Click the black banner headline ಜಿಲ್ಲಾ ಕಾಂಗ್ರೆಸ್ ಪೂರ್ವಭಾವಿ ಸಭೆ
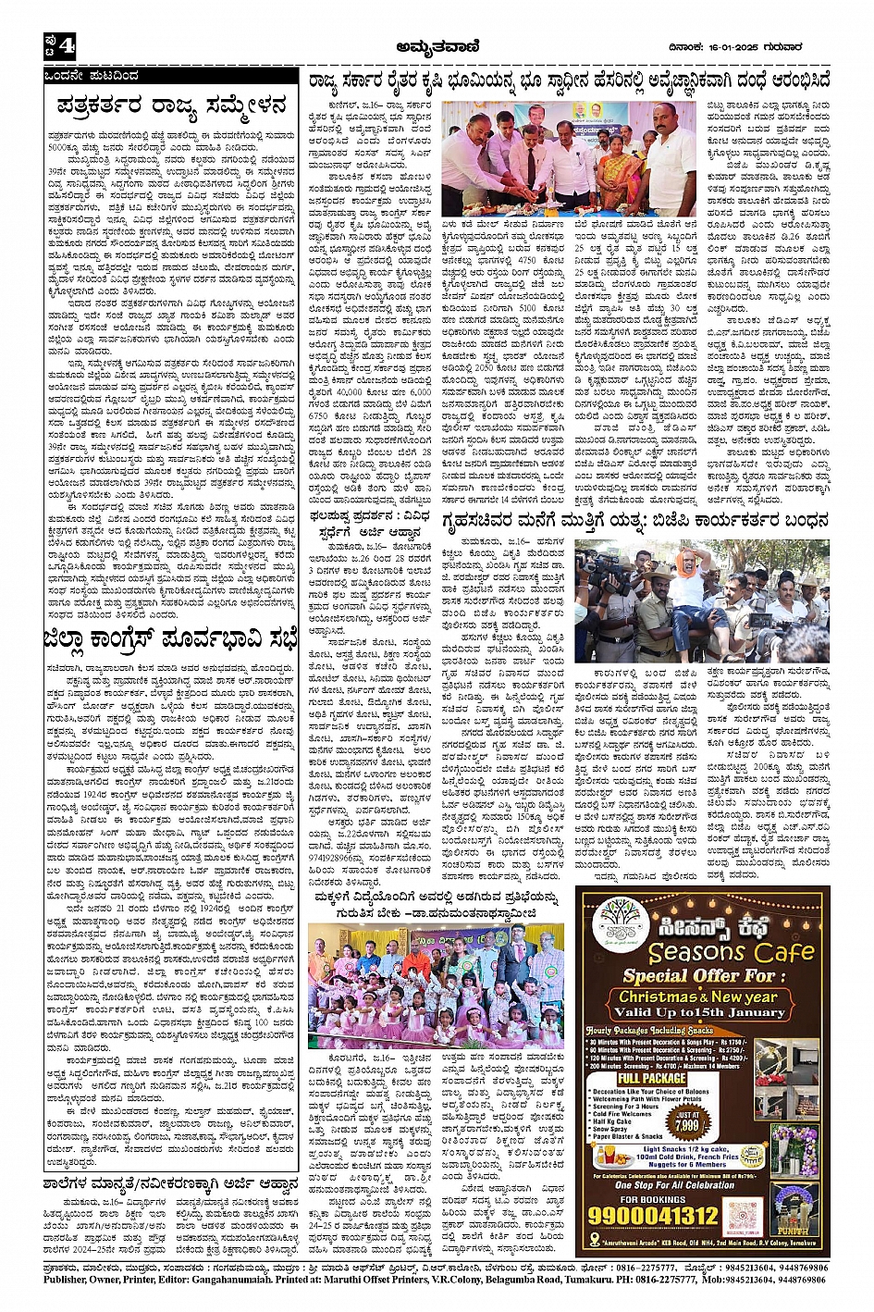point(172,638)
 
